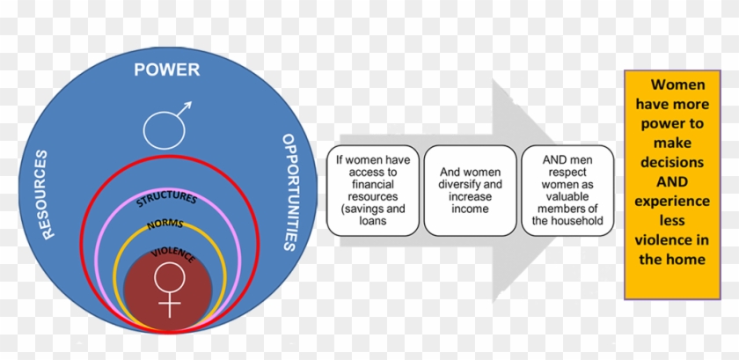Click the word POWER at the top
point(166,70)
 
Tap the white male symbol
point(166,126)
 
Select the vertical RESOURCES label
point(40,195)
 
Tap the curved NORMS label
point(166,224)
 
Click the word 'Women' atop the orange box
point(678,84)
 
